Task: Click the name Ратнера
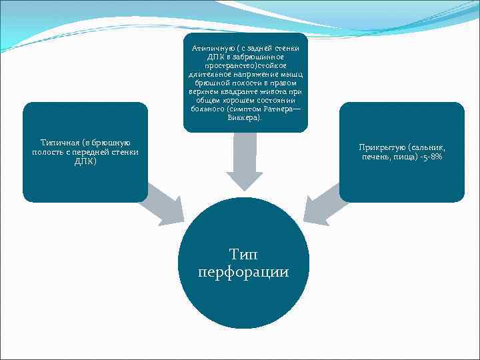[x=278, y=109]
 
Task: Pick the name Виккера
[x=245, y=118]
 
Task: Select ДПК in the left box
[x=85, y=161]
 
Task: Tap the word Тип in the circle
[x=243, y=254]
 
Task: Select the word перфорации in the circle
[x=243, y=272]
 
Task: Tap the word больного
[x=205, y=109]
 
